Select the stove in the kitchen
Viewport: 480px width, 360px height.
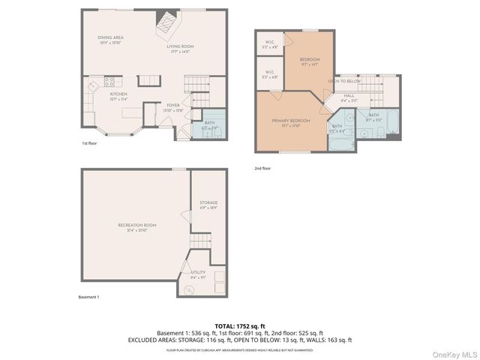(109, 82)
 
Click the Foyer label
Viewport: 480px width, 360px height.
(173, 106)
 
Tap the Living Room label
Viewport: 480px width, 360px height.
(180, 46)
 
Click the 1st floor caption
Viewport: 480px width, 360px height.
(89, 142)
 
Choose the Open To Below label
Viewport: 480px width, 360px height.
(344, 81)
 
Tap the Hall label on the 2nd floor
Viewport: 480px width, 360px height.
(349, 96)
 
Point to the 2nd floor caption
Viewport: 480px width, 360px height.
(262, 168)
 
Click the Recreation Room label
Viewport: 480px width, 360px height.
(136, 225)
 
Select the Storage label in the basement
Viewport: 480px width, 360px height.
(208, 202)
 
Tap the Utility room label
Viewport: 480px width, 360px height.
(198, 272)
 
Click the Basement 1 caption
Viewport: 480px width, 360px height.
(88, 297)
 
